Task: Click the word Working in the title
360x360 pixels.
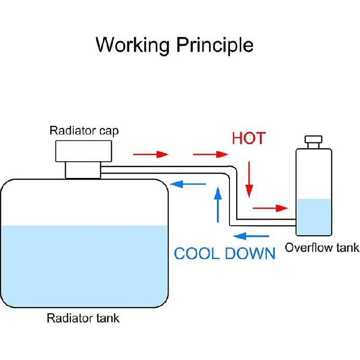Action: (x=133, y=45)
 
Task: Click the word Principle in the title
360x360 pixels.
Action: (x=215, y=45)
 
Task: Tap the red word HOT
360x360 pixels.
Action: (x=249, y=138)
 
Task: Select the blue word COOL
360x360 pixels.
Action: (x=196, y=253)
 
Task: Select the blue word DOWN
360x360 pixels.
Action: (x=250, y=253)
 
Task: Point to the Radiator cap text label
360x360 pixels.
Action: (x=84, y=131)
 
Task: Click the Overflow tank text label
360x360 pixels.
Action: (x=322, y=248)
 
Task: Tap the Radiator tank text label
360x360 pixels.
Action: (x=83, y=318)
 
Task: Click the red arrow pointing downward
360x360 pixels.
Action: (x=249, y=179)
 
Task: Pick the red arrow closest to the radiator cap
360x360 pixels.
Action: (x=151, y=155)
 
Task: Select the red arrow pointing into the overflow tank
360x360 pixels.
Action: (x=271, y=208)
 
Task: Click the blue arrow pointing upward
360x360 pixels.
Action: (x=218, y=204)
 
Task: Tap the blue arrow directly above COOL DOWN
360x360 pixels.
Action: (x=251, y=236)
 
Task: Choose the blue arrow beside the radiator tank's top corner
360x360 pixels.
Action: (x=188, y=184)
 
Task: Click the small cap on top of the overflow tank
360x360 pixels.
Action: (x=313, y=142)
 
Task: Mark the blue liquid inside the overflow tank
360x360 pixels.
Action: (x=314, y=217)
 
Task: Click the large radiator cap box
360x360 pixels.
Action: (x=84, y=151)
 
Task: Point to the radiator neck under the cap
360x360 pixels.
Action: (x=83, y=170)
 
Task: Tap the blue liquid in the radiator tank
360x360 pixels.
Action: (x=84, y=266)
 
